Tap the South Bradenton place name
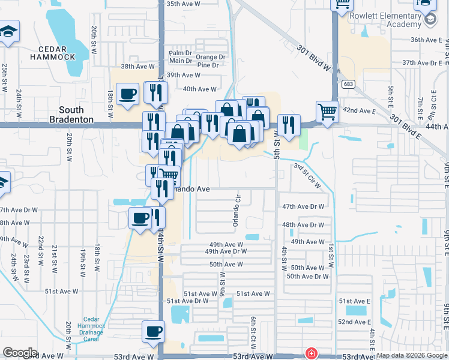tap(80, 115)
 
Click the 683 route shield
tap(348, 85)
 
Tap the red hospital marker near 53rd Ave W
tap(311, 353)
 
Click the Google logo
tap(20, 353)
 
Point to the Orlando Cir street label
tap(237, 208)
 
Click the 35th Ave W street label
tap(183, 4)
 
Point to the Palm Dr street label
tap(179, 53)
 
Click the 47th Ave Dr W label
tap(303, 206)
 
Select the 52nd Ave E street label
tap(354, 322)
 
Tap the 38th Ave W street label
tap(139, 67)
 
